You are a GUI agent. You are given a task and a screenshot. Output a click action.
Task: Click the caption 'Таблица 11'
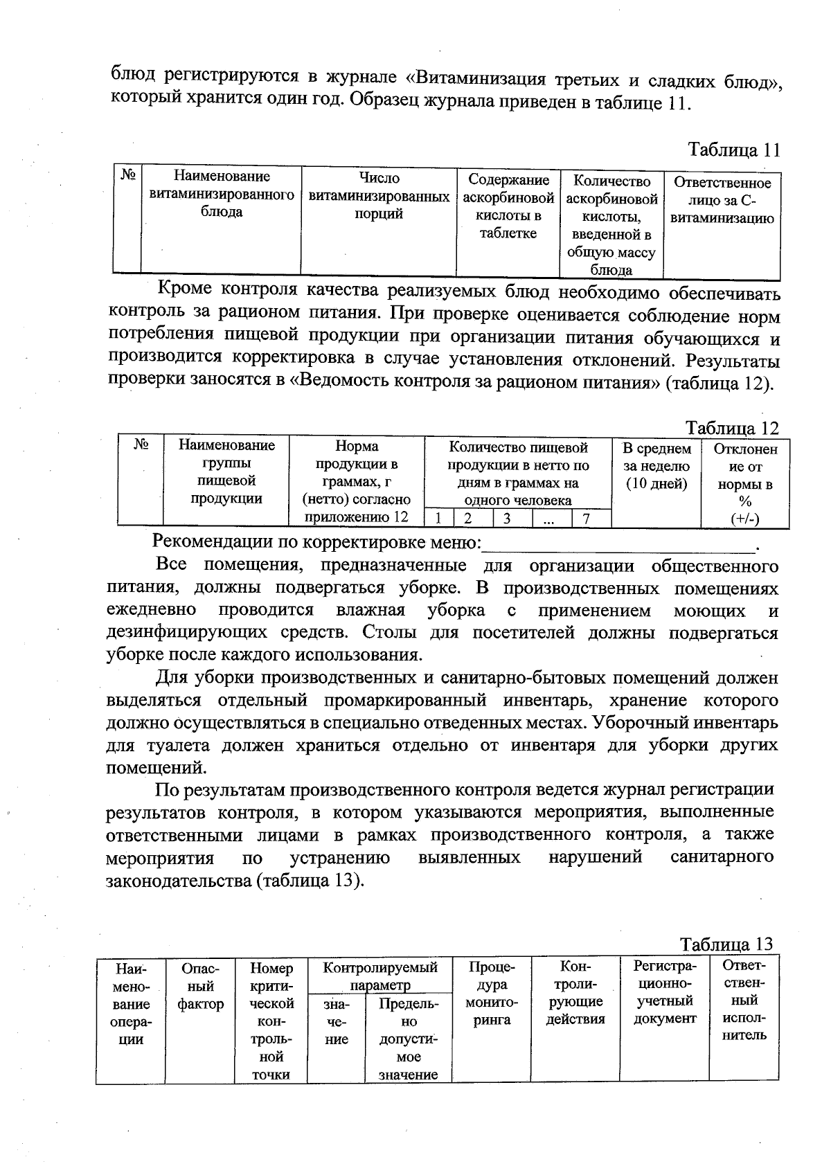tap(733, 150)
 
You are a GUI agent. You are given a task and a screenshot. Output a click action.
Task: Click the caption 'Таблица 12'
tap(732, 427)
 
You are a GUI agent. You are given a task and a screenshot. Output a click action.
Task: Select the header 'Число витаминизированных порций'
tap(379, 196)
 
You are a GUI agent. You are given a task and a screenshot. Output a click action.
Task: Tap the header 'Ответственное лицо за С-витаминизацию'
tap(722, 201)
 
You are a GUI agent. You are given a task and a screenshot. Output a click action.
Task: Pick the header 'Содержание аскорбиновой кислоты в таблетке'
tap(508, 206)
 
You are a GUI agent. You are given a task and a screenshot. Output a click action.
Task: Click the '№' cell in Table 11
tap(127, 175)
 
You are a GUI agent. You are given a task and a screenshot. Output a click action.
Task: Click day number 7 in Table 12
tap(586, 519)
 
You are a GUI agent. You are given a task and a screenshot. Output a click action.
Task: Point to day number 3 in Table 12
tap(507, 519)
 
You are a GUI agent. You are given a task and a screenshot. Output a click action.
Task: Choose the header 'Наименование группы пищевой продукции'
tap(226, 472)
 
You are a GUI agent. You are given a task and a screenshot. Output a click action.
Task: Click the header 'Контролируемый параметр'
tap(379, 976)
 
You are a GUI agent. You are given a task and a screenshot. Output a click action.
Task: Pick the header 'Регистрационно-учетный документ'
tap(664, 992)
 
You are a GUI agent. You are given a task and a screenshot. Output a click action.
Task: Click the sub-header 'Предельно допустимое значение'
tap(408, 1039)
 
